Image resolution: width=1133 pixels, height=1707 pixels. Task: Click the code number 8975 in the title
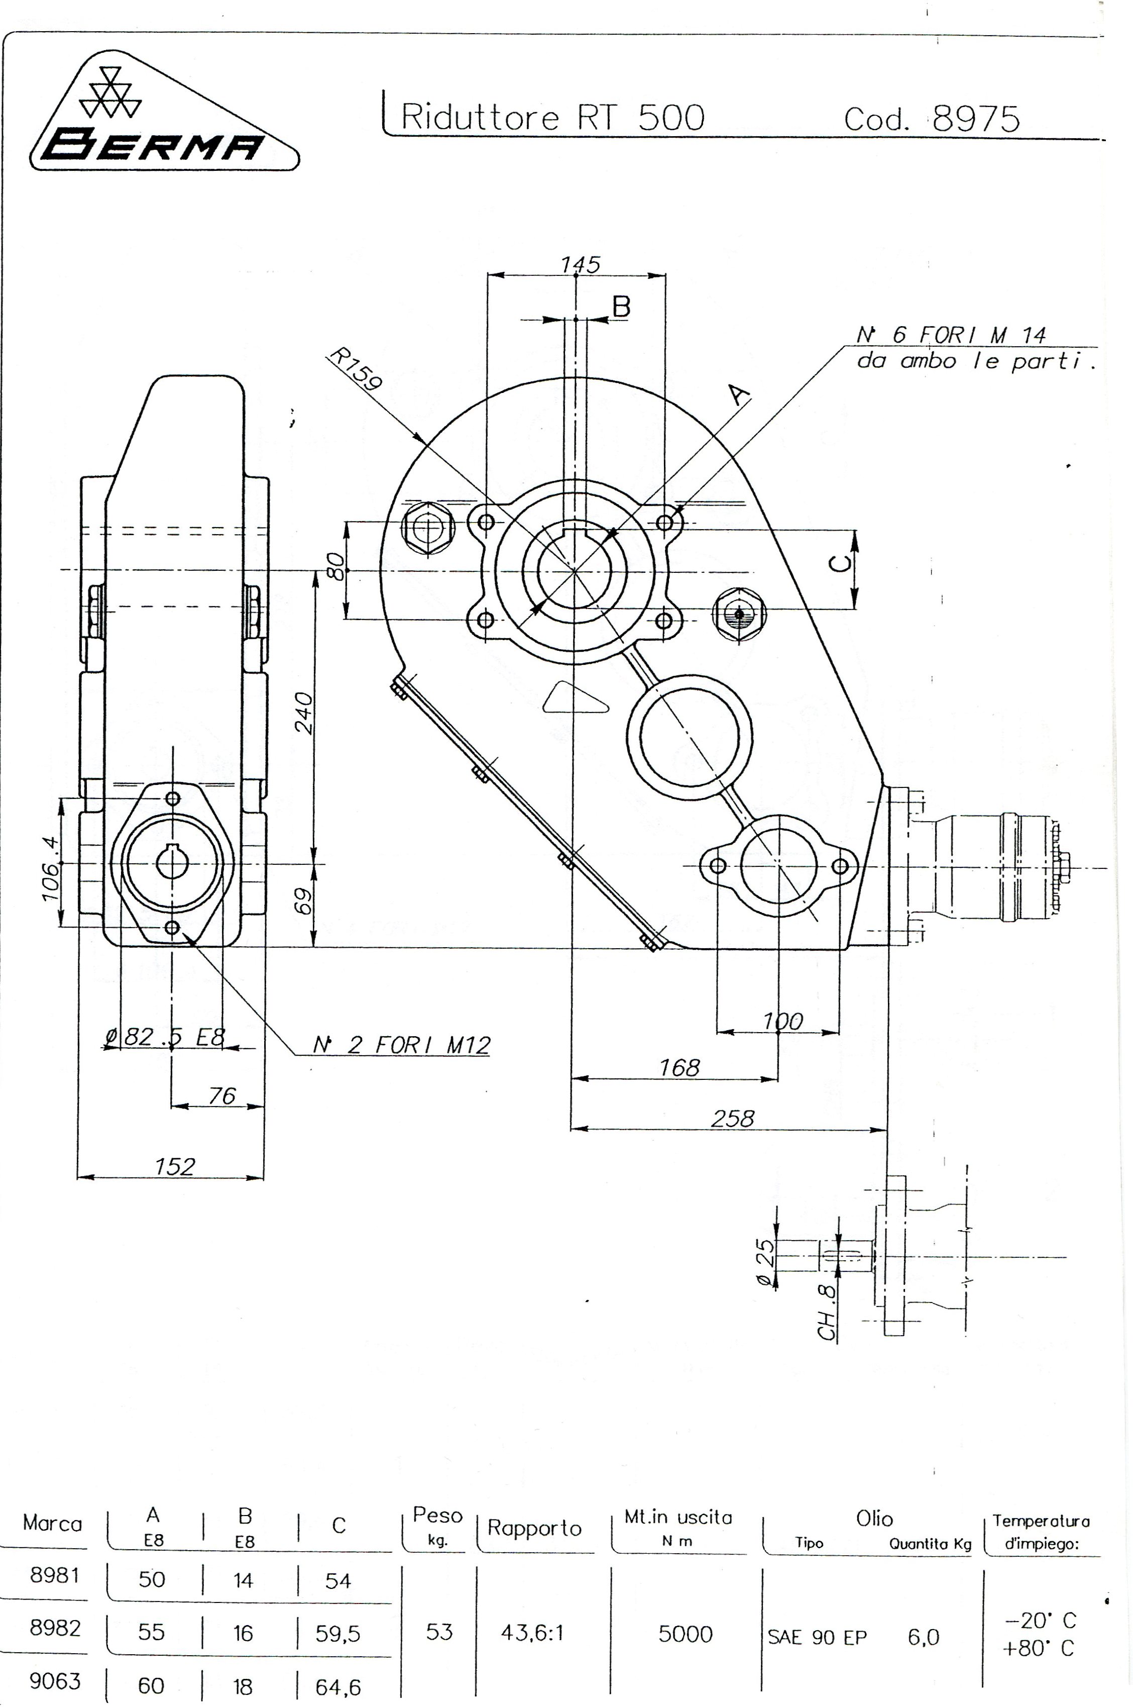click(x=975, y=119)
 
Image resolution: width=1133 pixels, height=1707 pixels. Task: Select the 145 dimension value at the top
click(x=580, y=265)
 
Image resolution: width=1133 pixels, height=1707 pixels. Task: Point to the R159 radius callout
click(x=354, y=369)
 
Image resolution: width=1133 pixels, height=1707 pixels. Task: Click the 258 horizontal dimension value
click(x=732, y=1119)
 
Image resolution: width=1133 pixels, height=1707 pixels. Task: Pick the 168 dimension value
click(x=678, y=1067)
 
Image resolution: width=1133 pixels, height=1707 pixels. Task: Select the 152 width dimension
click(x=174, y=1166)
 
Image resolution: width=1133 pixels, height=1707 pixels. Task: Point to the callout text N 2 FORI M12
click(x=401, y=1045)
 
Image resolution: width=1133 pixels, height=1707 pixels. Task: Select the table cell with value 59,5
click(x=337, y=1633)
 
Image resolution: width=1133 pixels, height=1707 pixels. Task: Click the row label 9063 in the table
click(x=55, y=1681)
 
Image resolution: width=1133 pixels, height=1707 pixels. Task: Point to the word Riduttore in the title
click(x=480, y=117)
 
